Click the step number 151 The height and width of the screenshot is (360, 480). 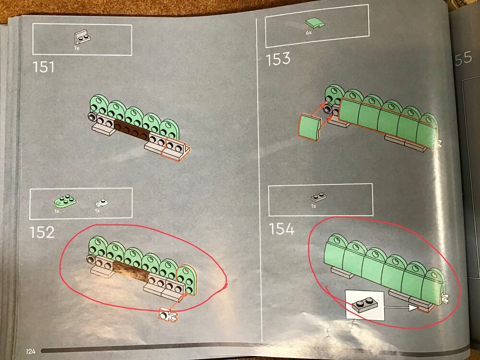coord(44,67)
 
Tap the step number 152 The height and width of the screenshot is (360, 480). coord(42,233)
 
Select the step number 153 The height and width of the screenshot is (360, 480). coord(278,59)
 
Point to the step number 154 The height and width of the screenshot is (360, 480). coord(282,229)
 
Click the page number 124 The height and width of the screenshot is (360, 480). coord(31,351)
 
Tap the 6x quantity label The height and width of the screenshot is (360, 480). coord(309,33)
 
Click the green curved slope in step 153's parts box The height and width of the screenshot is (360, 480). coord(315,24)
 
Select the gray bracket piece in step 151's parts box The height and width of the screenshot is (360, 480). coord(82,37)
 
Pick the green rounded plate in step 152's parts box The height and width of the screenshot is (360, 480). coord(65,201)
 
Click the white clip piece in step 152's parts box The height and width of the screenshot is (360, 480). coord(101,203)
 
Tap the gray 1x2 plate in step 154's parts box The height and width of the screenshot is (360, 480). coord(318,197)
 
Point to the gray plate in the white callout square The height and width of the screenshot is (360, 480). coord(365,305)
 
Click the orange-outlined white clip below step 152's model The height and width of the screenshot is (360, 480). coord(168,315)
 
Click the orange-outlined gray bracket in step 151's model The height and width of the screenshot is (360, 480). coord(176,149)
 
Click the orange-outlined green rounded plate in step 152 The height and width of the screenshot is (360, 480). coord(187,279)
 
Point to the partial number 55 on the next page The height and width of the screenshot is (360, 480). coord(463,58)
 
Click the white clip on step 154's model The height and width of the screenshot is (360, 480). coord(444,298)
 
